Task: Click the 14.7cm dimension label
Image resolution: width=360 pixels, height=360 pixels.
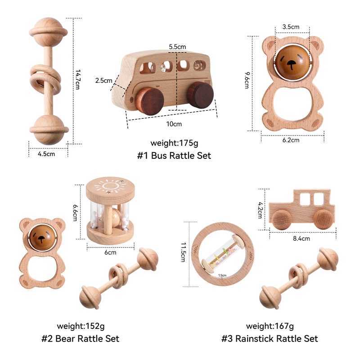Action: click(x=77, y=79)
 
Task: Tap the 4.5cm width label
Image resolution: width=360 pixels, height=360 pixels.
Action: click(x=46, y=154)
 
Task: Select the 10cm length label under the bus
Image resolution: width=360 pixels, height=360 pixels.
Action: click(x=174, y=124)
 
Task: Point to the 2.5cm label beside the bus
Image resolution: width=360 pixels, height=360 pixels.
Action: click(x=103, y=81)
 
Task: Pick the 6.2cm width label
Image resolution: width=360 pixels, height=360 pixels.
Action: click(x=291, y=140)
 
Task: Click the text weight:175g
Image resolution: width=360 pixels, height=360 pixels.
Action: click(x=174, y=144)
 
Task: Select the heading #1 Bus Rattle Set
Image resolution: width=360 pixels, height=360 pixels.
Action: click(x=174, y=156)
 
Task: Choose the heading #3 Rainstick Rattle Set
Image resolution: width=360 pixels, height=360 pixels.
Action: click(x=270, y=338)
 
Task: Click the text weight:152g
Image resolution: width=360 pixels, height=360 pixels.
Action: click(x=81, y=326)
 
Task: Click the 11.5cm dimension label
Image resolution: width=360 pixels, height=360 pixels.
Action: click(x=183, y=254)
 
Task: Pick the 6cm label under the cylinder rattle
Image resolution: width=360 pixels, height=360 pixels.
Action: click(x=110, y=252)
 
